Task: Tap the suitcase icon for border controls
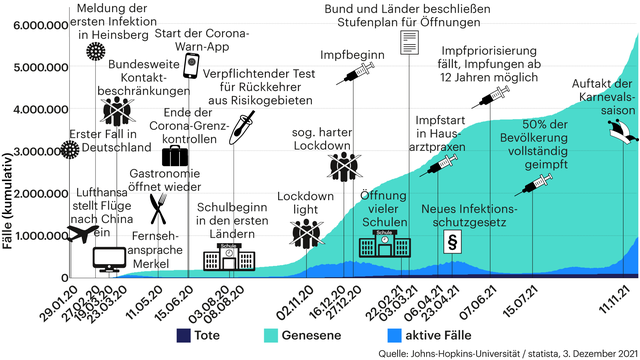tap(175, 157)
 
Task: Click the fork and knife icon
tap(157, 208)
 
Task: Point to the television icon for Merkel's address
tap(108, 259)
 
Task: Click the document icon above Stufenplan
tap(409, 42)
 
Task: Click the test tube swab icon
tap(241, 126)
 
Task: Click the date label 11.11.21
tap(611, 300)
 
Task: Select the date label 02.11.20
tap(294, 300)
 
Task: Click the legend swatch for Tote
tap(183, 334)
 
